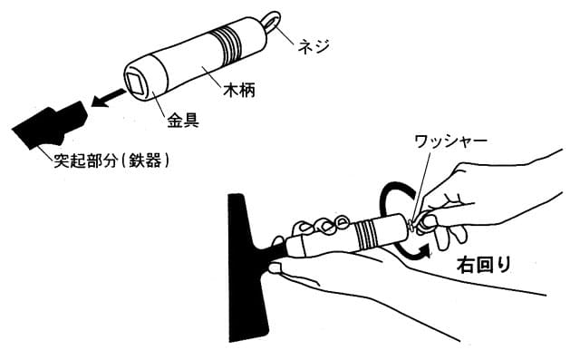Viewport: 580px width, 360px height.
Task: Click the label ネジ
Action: (x=313, y=46)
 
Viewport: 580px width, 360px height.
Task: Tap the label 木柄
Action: (x=239, y=90)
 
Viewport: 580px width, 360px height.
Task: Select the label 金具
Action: (x=183, y=121)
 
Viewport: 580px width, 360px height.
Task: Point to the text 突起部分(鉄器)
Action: (x=111, y=161)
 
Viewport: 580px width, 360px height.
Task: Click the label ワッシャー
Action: (x=450, y=141)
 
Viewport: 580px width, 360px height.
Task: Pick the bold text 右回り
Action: (x=484, y=265)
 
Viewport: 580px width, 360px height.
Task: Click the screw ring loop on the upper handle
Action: (x=272, y=21)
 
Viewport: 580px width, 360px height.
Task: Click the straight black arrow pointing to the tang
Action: (x=108, y=98)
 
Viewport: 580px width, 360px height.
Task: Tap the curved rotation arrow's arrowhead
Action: (x=424, y=251)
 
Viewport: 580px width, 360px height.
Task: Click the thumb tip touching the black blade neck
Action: (x=275, y=267)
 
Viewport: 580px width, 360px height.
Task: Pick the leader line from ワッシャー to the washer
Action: (x=421, y=184)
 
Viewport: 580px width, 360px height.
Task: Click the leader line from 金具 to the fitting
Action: (x=160, y=101)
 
